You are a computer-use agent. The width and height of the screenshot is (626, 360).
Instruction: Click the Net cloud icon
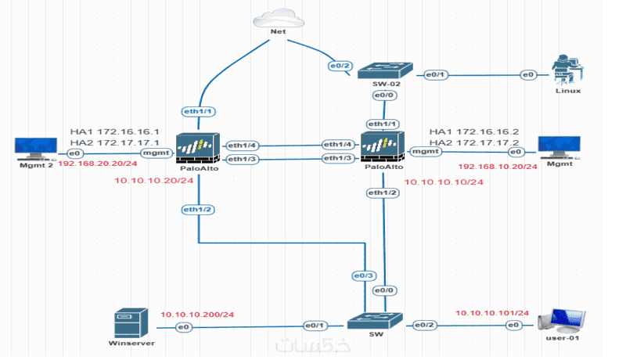point(276,16)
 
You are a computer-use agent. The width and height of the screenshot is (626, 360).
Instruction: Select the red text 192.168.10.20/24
point(498,167)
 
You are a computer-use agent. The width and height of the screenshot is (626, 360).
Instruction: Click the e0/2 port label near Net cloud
point(337,67)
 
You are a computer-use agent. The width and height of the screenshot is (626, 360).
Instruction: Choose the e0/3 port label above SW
point(364,276)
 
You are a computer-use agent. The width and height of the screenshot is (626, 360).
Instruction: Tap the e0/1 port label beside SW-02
point(434,74)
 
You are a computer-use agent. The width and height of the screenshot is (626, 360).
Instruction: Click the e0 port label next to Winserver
point(183,326)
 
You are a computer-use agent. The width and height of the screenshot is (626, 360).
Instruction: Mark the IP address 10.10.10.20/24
point(154,181)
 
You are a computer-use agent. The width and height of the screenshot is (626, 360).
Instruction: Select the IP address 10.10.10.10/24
point(444,182)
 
